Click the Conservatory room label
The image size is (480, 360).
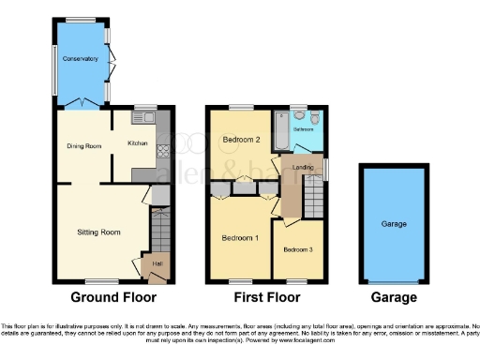click(x=81, y=59)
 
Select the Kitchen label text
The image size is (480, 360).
click(x=138, y=143)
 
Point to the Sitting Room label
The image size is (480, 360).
click(x=98, y=232)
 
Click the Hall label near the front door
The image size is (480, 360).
click(x=157, y=263)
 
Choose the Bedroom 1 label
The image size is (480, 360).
click(x=240, y=238)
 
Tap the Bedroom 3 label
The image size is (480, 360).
click(x=298, y=248)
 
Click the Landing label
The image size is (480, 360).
click(x=303, y=168)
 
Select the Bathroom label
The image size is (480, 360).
click(x=305, y=129)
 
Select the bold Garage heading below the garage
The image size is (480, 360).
click(x=392, y=298)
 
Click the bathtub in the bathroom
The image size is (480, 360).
click(x=280, y=129)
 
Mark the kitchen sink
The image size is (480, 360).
click(x=147, y=118)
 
